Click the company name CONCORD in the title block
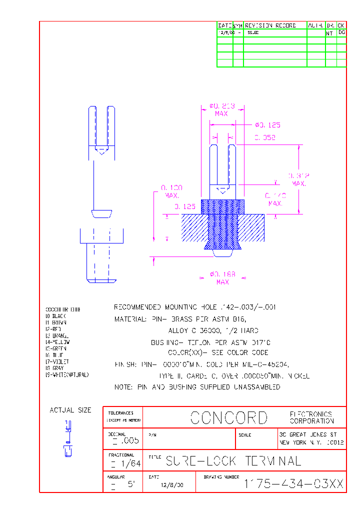[x=229, y=417]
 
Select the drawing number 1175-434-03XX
[x=293, y=483]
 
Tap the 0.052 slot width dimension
[x=265, y=138]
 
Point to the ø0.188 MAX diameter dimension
[x=222, y=278]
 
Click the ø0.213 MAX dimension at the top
[x=221, y=109]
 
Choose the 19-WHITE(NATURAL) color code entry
[x=67, y=374]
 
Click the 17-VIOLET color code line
[x=57, y=361]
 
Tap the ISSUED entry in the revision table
[x=253, y=32]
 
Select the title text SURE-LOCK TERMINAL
[x=233, y=461]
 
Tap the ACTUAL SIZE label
[x=70, y=410]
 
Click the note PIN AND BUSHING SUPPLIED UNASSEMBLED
[x=197, y=387]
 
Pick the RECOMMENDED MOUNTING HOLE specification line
[x=195, y=307]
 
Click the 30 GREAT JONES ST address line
[x=311, y=435]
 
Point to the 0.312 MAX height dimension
[x=299, y=179]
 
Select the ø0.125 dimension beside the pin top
[x=267, y=125]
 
